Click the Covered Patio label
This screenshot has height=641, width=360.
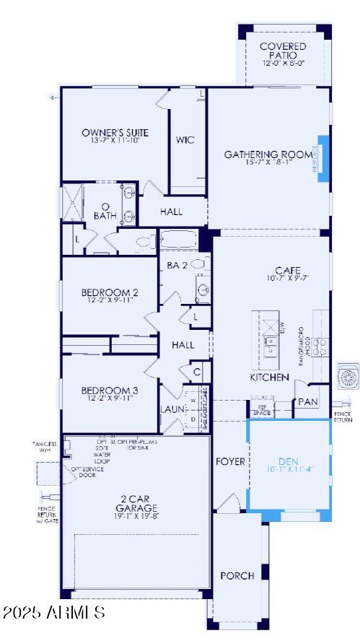(x=283, y=51)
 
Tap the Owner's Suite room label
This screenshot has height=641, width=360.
(x=115, y=133)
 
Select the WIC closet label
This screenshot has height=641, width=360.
(x=185, y=140)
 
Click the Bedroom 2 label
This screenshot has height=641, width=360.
(x=110, y=292)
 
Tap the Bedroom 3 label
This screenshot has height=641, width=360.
(x=110, y=390)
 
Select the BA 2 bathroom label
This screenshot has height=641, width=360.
(x=177, y=266)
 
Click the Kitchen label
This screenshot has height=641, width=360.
(x=269, y=377)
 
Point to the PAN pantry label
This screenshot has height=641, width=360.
(x=308, y=401)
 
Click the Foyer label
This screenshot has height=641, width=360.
(x=230, y=461)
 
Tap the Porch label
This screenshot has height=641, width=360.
(x=237, y=575)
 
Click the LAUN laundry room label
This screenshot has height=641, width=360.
(x=172, y=409)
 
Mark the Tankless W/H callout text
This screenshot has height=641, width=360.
(x=44, y=448)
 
